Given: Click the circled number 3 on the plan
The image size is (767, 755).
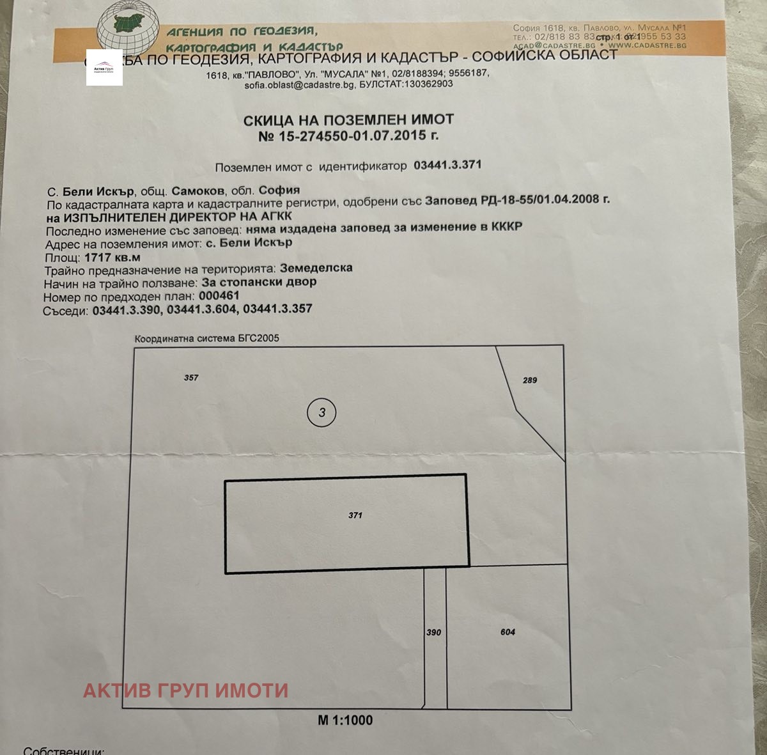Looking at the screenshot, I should point(322,412).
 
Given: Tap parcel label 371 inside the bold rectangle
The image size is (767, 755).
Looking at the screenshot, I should point(355,515).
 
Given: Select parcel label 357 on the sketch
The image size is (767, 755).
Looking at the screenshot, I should point(191,377).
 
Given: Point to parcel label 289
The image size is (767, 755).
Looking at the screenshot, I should point(530,380).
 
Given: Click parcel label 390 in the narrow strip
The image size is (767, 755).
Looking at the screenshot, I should point(433,632).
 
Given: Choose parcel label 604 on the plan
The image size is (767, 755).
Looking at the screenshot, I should point(507,632).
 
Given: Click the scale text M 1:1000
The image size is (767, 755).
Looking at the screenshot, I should point(345,720).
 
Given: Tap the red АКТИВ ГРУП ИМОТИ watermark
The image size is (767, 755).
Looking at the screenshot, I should point(185,690).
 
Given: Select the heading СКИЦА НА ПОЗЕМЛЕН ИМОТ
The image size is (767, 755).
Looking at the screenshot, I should point(348,120).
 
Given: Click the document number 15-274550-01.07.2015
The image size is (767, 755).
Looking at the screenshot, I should point(358,136).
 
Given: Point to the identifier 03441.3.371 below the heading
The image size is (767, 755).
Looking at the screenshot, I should point(447,165).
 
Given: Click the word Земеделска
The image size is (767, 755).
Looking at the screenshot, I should point(316,268).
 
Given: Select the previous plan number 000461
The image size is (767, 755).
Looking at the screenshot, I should point(219,296).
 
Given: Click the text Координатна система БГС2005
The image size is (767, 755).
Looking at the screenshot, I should point(206,338).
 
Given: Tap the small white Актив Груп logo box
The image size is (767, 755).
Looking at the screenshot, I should point(104,68).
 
